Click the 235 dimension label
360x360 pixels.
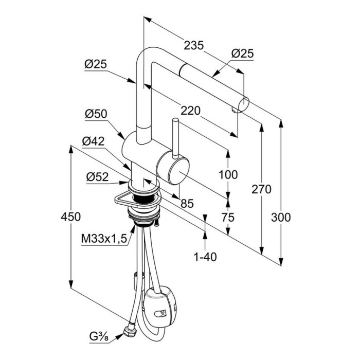[x=193, y=46]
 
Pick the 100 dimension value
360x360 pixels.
[x=228, y=174]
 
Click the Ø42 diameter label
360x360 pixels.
[x=93, y=140]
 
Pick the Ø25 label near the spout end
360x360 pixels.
[x=243, y=53]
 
